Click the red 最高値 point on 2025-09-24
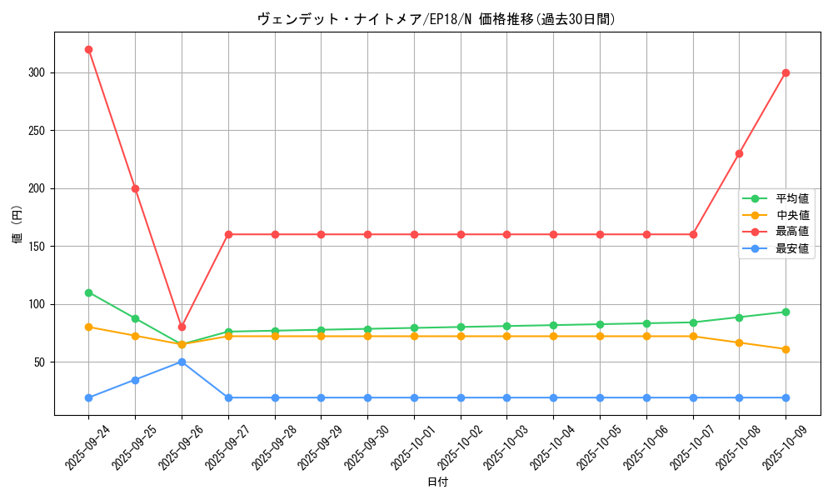click(x=88, y=49)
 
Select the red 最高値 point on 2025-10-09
click(x=786, y=72)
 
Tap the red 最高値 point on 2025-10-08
click(x=739, y=153)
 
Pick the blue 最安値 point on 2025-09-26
click(x=182, y=362)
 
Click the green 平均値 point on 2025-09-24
click(x=88, y=292)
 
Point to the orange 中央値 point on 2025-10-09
click(x=786, y=349)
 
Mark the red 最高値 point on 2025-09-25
click(x=135, y=188)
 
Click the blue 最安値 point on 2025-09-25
click(x=135, y=380)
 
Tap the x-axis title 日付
click(x=437, y=482)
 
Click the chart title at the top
click(x=437, y=19)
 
